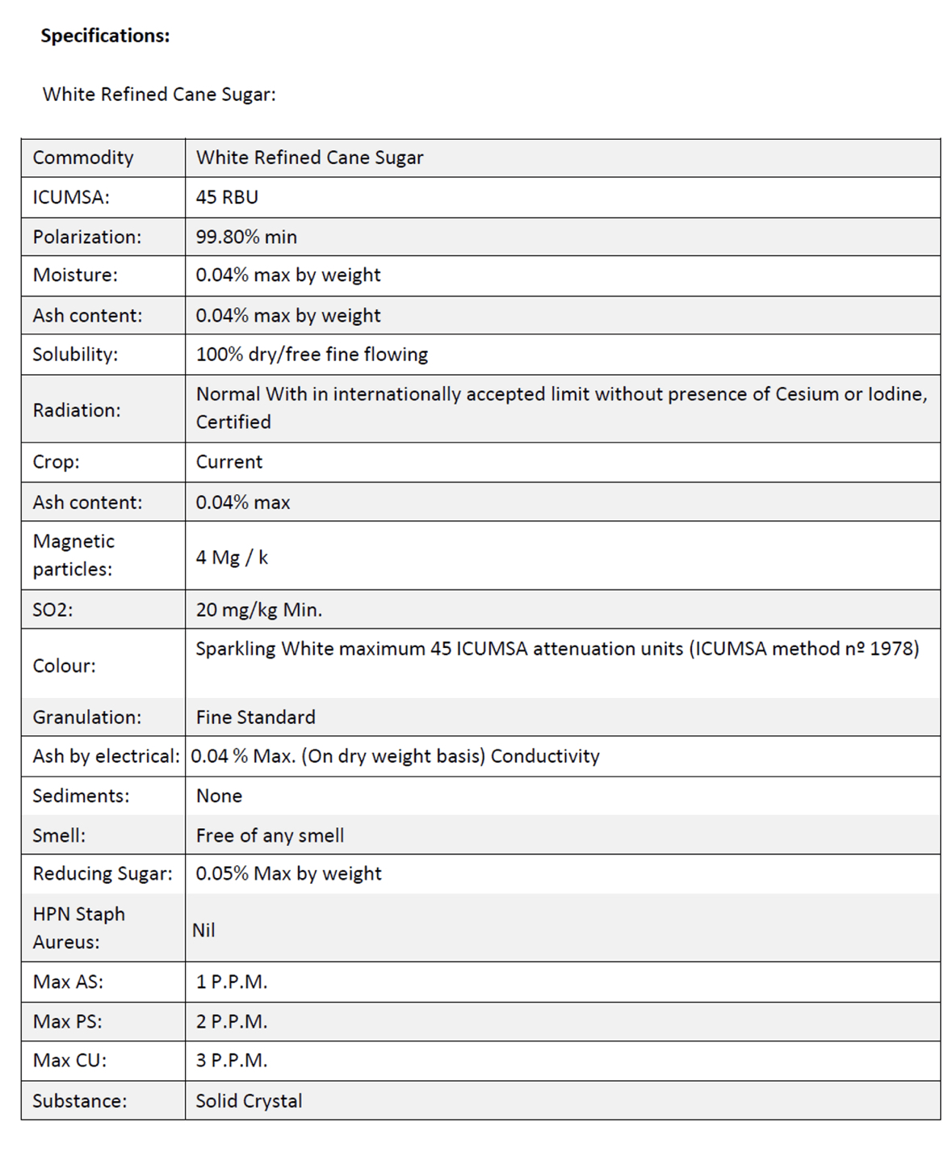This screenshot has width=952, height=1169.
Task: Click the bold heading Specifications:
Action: click(105, 36)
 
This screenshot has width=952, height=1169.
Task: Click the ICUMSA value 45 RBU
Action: click(227, 197)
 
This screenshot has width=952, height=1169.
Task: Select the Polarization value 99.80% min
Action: click(246, 237)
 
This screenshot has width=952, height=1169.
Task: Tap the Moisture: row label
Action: click(75, 275)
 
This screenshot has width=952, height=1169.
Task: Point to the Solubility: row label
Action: click(75, 355)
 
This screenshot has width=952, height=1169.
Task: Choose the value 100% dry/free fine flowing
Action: click(312, 355)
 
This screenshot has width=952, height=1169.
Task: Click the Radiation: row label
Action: click(77, 410)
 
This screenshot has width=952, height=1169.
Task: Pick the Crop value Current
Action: click(229, 462)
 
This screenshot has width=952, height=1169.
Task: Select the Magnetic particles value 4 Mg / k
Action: click(232, 557)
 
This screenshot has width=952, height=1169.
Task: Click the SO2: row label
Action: click(52, 610)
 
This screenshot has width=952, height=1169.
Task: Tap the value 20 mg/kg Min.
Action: click(258, 610)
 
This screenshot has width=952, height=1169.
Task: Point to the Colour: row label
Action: click(64, 666)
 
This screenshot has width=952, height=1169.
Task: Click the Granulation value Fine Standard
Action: click(255, 717)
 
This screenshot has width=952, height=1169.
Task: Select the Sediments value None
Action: click(219, 796)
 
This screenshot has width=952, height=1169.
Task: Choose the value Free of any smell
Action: click(270, 835)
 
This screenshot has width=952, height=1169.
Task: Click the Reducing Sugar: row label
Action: click(103, 874)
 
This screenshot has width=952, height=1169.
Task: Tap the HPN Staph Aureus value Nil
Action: click(203, 931)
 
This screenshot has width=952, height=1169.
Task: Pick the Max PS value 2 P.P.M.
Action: click(232, 1022)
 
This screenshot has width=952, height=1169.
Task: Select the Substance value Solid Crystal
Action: click(249, 1101)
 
